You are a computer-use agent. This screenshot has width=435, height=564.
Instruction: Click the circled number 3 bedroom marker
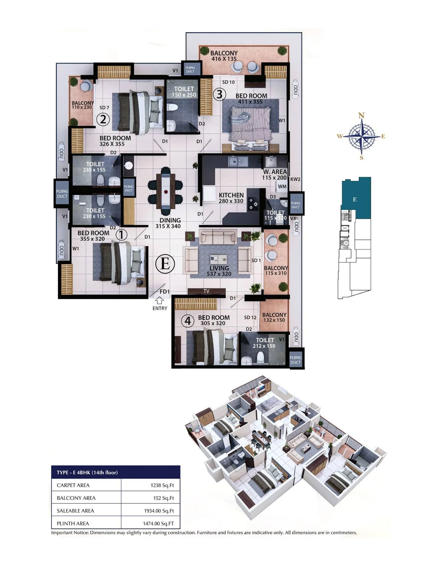pyautogui.click(x=219, y=94)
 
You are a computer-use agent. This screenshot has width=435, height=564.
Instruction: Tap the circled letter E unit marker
pyautogui.click(x=165, y=264)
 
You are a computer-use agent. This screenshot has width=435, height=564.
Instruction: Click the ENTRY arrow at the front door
pyautogui.click(x=160, y=301)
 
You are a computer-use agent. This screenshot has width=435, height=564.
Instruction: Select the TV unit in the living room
pyautogui.click(x=206, y=291)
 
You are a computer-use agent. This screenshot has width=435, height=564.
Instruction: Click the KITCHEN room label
pyautogui.click(x=231, y=195)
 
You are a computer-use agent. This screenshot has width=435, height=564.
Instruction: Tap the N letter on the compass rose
pyautogui.click(x=362, y=115)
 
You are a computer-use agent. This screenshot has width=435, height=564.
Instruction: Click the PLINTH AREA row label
pyautogui.click(x=73, y=523)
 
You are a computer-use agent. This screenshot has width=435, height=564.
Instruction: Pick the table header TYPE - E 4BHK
pyautogui.click(x=87, y=472)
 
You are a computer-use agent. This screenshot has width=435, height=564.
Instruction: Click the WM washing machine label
pyautogui.click(x=282, y=186)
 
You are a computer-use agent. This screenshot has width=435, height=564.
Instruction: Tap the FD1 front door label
pyautogui.click(x=165, y=292)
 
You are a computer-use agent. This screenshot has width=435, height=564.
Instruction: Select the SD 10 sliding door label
pyautogui.click(x=228, y=82)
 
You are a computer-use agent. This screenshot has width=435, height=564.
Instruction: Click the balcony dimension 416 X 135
pyautogui.click(x=224, y=59)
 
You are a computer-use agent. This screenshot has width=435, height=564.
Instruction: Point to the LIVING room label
pyautogui.click(x=219, y=268)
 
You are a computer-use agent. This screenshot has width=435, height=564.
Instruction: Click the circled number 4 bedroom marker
pyautogui.click(x=188, y=321)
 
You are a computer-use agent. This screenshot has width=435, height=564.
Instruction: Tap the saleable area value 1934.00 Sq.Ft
pyautogui.click(x=159, y=511)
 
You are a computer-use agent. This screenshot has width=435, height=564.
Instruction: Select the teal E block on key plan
pyautogui.click(x=356, y=197)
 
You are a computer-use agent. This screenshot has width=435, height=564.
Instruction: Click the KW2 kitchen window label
pyautogui.click(x=295, y=179)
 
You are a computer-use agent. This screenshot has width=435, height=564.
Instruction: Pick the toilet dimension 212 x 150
pyautogui.click(x=264, y=346)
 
